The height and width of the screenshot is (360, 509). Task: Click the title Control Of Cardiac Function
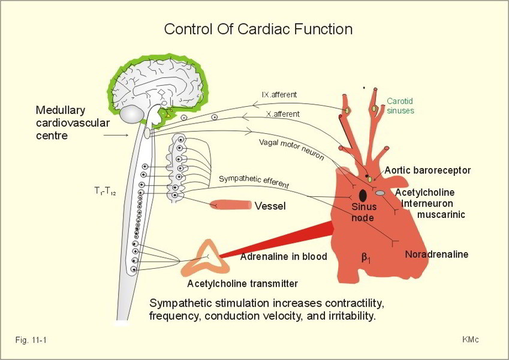coord(258,29)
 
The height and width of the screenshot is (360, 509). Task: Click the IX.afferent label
coord(279,95)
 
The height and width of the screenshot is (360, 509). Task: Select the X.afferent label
coord(282,113)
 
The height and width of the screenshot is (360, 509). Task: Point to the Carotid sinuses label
coord(400,106)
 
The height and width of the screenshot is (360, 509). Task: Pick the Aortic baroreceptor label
coord(427,170)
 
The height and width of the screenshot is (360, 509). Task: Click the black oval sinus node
coord(363,195)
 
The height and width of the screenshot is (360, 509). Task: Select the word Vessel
coord(270,206)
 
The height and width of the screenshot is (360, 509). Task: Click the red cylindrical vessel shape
coord(230,205)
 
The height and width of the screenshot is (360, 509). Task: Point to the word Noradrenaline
coord(436,254)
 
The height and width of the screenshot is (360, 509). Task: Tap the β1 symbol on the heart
coord(366,258)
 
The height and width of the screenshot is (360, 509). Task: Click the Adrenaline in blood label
coord(284,257)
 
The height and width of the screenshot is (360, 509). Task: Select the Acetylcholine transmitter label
coord(242,284)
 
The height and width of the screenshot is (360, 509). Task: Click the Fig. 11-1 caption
coord(31,340)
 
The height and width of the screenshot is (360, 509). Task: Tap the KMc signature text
coord(470,340)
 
